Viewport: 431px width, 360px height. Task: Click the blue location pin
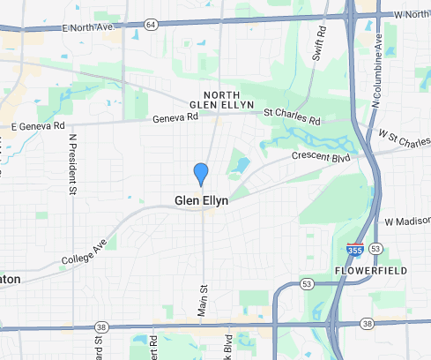tap(201, 174)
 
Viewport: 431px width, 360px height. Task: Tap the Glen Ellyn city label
tap(201, 201)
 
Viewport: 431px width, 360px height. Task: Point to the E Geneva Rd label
tap(38, 127)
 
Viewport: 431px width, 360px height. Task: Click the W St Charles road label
tap(404, 139)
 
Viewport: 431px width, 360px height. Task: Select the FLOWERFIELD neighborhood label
tap(371, 270)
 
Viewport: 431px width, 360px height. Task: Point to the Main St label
tap(204, 300)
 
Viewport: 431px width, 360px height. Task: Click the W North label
tap(410, 15)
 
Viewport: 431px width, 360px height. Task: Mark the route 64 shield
tap(152, 26)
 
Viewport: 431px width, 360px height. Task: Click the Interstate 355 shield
tap(354, 250)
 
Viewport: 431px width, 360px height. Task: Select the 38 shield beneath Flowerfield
tap(367, 325)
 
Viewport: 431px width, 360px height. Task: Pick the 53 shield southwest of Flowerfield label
tap(306, 283)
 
